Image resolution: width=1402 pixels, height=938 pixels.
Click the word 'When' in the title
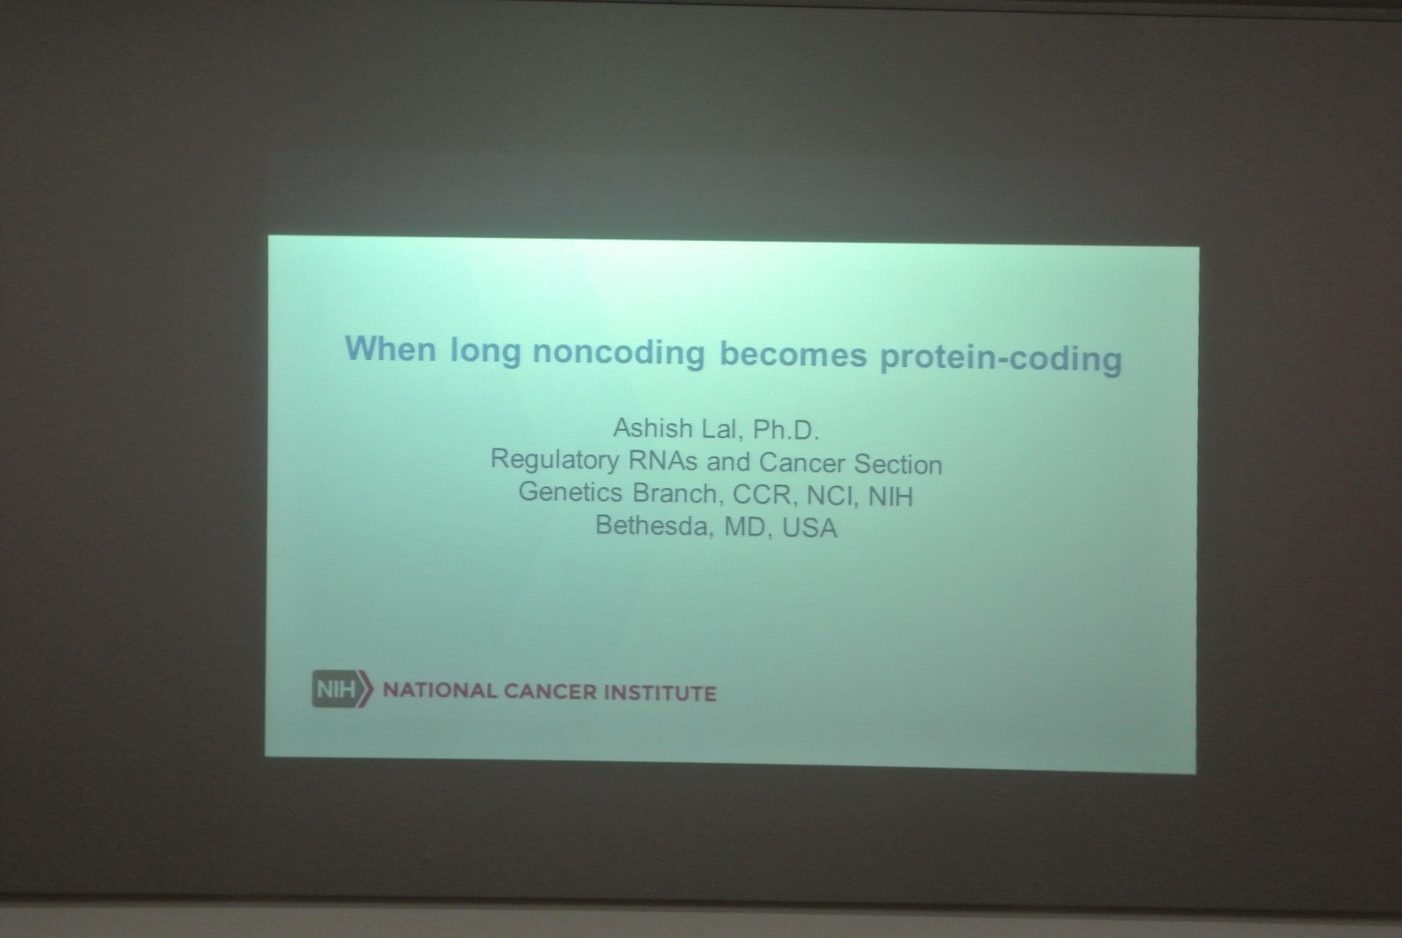point(390,348)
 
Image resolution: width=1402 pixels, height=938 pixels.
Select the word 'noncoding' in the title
point(619,352)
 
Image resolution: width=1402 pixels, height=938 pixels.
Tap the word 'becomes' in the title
point(793,355)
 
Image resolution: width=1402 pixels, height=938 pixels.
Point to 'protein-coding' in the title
point(1001,358)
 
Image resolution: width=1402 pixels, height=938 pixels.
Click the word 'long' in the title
point(485,350)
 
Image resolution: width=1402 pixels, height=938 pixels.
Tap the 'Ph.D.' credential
point(786,430)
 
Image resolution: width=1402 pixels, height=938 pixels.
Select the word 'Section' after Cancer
point(898,464)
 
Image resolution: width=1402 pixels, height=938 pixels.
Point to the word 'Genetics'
point(570,492)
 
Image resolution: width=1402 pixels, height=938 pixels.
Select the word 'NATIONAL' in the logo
point(439,691)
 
